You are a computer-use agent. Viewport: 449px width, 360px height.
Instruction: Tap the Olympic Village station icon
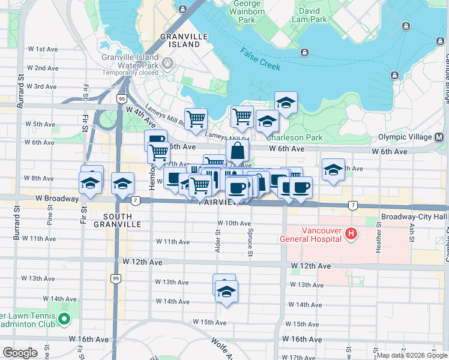pos(441,137)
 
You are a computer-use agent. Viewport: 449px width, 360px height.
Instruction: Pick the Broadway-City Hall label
pos(414,217)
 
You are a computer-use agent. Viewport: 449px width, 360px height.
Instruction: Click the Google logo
pos(20,353)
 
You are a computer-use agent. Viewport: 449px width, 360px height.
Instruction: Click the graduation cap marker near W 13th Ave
pos(226,292)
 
